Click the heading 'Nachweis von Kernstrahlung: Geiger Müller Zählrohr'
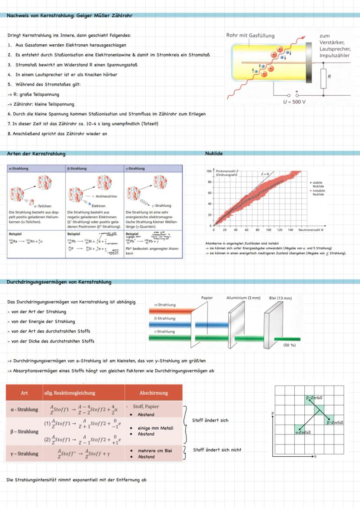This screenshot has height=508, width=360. pyautogui.click(x=70, y=16)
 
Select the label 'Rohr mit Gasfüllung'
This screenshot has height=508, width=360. pyautogui.click(x=250, y=36)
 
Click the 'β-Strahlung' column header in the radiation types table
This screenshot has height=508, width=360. pyautogui.click(x=77, y=169)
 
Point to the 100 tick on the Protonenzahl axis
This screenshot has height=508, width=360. pyautogui.click(x=209, y=171)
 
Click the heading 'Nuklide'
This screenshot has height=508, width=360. pyautogui.click(x=214, y=153)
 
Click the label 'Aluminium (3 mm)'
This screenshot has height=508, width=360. pyautogui.click(x=243, y=298)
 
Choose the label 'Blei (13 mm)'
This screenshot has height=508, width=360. pyautogui.click(x=280, y=298)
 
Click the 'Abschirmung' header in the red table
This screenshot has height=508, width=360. pyautogui.click(x=153, y=393)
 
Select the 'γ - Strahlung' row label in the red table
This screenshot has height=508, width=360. pyautogui.click(x=24, y=454)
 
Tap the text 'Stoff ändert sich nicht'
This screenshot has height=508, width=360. pyautogui.click(x=217, y=450)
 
